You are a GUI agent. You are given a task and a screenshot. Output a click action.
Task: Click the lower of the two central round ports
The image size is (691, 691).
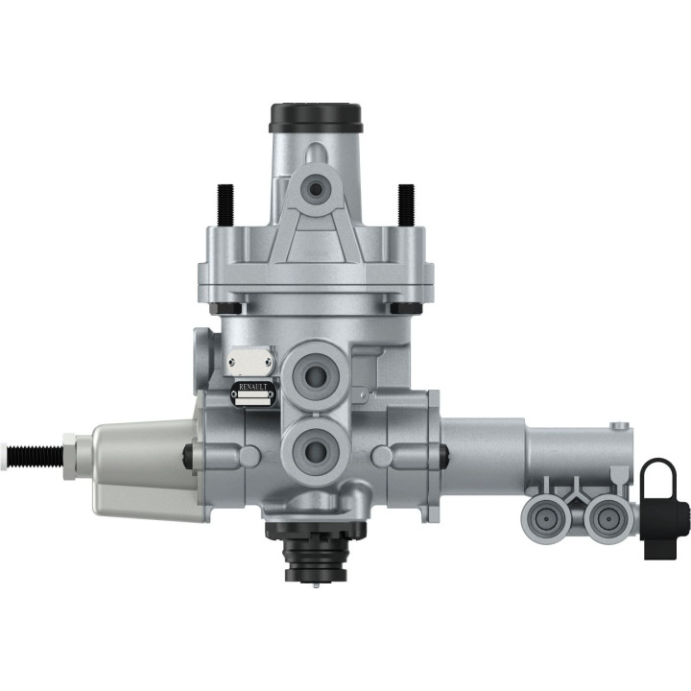[314, 445]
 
